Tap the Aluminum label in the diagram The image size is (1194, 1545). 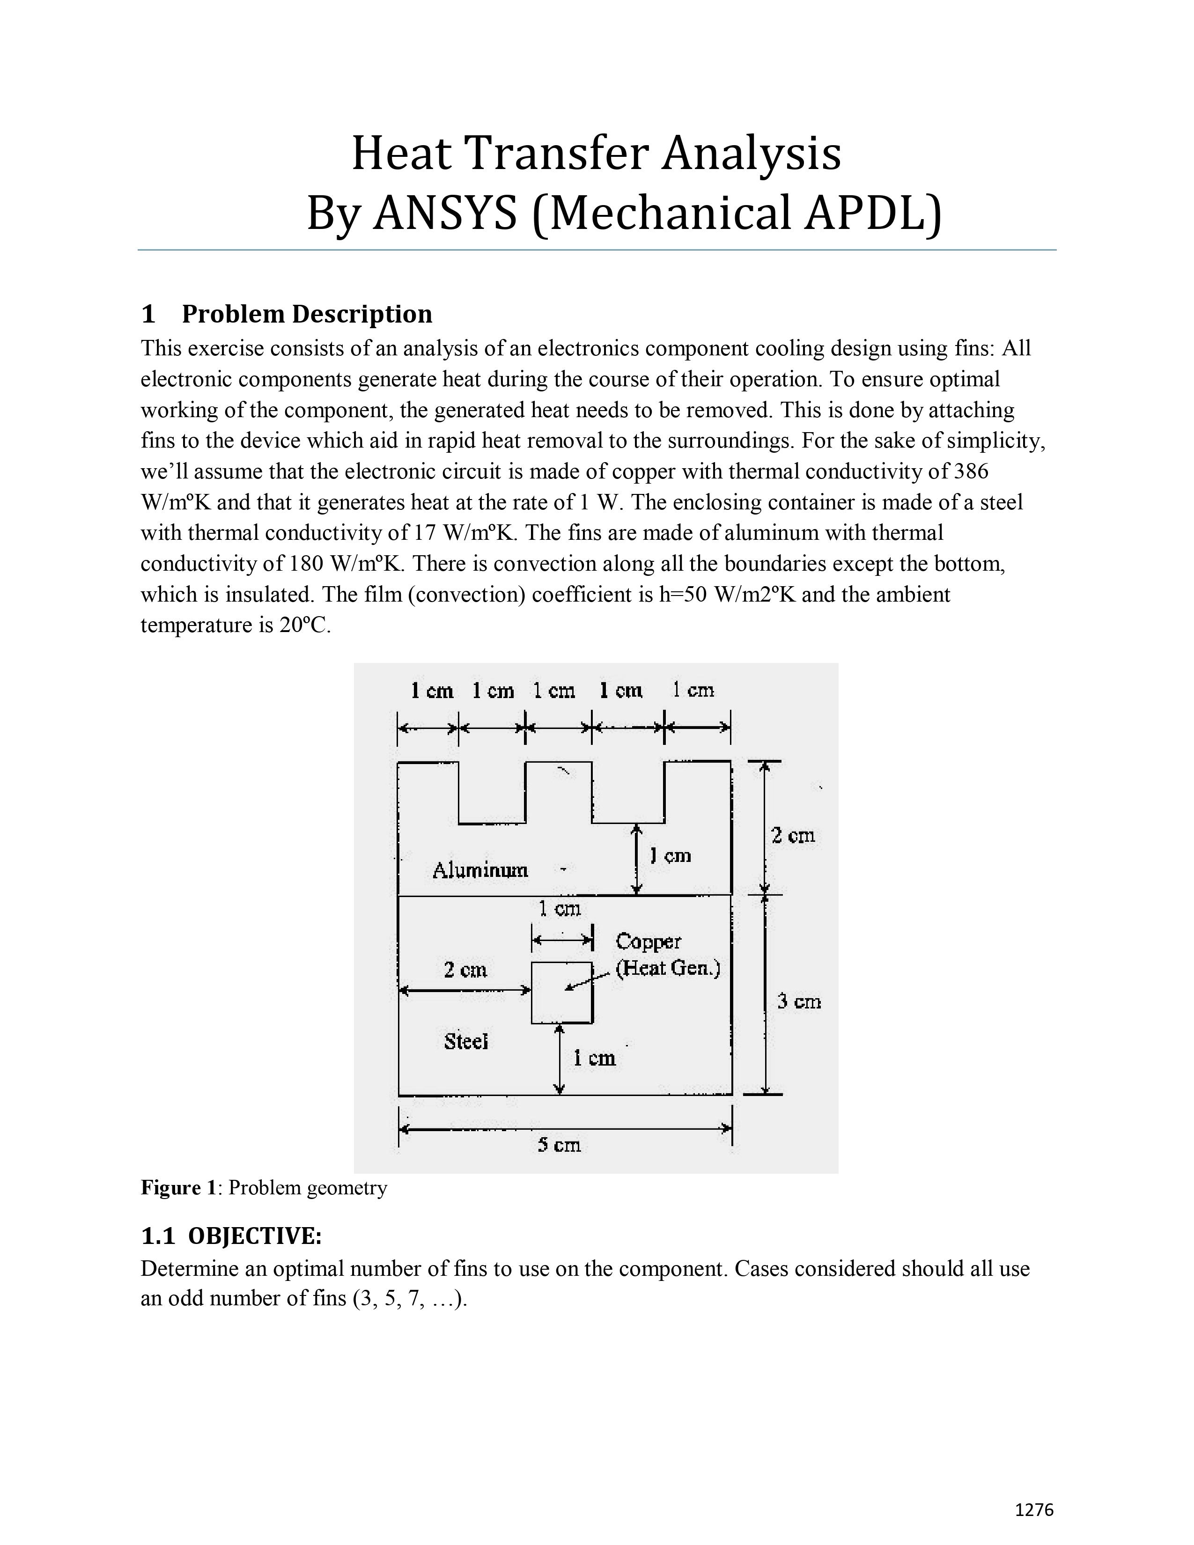(x=480, y=869)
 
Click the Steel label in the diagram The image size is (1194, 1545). (x=466, y=1041)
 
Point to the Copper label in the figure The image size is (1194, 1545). (x=648, y=941)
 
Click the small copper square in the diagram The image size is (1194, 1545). (x=561, y=993)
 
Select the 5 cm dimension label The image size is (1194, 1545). (x=559, y=1144)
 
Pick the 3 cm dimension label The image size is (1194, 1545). (x=799, y=1001)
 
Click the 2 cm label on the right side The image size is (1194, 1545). (x=793, y=835)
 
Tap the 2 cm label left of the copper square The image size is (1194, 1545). (x=465, y=969)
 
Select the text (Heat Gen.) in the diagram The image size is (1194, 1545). (x=668, y=968)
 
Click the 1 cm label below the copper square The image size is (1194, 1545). (x=594, y=1058)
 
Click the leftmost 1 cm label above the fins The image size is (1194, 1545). (x=432, y=691)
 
